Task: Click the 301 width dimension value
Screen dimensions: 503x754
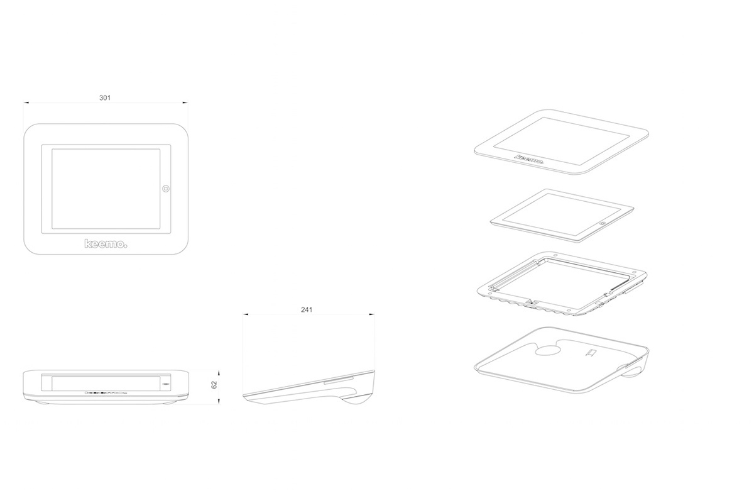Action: tap(106, 97)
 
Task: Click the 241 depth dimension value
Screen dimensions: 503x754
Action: tap(307, 309)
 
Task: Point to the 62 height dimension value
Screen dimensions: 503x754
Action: tap(214, 384)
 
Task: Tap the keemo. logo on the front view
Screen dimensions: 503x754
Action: tap(106, 243)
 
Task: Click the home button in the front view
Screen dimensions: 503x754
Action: tap(166, 188)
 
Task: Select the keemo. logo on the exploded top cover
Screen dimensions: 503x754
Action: tap(530, 160)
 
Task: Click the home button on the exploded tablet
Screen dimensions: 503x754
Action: tap(603, 223)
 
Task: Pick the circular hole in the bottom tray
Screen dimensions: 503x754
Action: tap(549, 350)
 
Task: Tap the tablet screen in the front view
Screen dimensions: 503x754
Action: tap(106, 188)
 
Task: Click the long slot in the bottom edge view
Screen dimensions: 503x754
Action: tap(104, 382)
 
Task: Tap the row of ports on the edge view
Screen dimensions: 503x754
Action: tap(107, 393)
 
